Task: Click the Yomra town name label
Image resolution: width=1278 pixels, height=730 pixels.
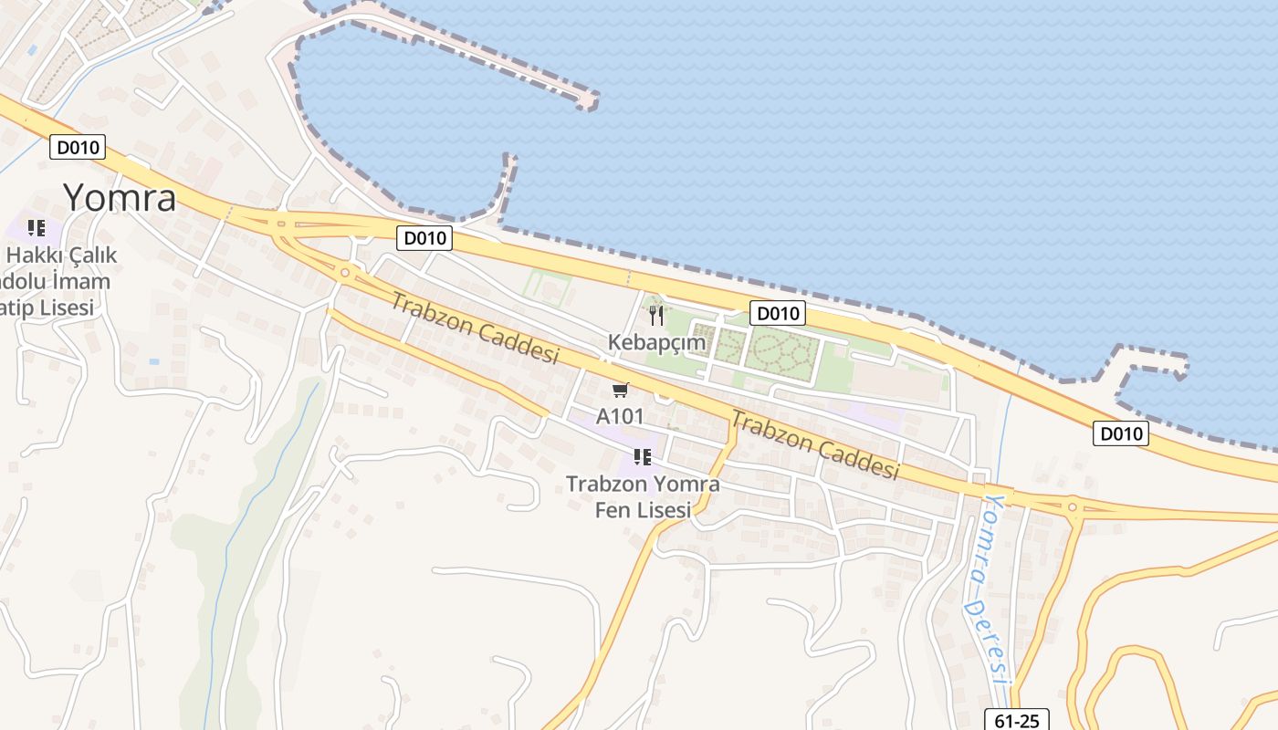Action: tap(120, 197)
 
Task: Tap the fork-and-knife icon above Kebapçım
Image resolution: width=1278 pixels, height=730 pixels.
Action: tap(656, 316)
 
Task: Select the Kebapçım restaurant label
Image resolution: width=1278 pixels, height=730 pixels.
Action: tap(657, 342)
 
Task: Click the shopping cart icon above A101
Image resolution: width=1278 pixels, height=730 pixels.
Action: tap(621, 391)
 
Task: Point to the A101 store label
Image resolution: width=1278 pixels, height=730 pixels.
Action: tap(621, 416)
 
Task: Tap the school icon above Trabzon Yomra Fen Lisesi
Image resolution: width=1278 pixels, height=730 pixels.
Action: tap(642, 456)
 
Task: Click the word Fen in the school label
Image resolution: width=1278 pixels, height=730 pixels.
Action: tap(613, 510)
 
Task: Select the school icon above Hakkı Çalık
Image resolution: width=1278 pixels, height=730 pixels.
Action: tap(36, 227)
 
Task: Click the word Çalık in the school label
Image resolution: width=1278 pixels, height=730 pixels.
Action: tap(89, 255)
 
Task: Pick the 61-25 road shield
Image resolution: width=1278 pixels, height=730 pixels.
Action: tap(1017, 720)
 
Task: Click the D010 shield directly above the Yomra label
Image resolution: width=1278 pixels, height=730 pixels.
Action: tap(78, 147)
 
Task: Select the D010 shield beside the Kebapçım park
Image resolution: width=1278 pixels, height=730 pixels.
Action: tap(778, 314)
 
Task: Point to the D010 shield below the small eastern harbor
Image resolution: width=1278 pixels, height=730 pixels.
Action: tap(1120, 433)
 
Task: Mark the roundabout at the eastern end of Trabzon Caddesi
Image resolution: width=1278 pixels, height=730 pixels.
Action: tap(1073, 506)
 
